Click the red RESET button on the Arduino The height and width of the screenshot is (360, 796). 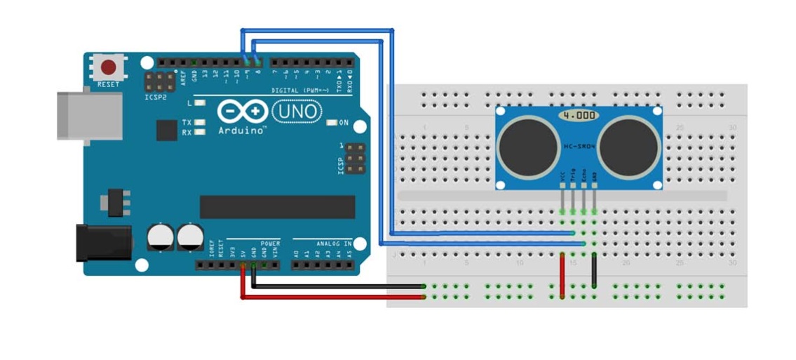[109, 67]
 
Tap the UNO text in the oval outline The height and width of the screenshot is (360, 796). [296, 111]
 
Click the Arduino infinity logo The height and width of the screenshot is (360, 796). [243, 112]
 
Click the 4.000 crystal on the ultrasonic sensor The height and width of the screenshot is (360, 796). [579, 114]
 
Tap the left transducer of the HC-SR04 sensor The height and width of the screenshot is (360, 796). [529, 148]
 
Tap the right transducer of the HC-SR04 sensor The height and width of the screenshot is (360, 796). [628, 148]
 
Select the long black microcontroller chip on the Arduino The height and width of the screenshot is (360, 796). [277, 207]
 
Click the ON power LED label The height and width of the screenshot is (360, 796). [344, 123]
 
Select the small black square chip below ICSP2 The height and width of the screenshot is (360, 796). [167, 130]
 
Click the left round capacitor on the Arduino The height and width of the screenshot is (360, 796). [161, 236]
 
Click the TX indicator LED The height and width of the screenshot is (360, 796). [200, 122]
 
